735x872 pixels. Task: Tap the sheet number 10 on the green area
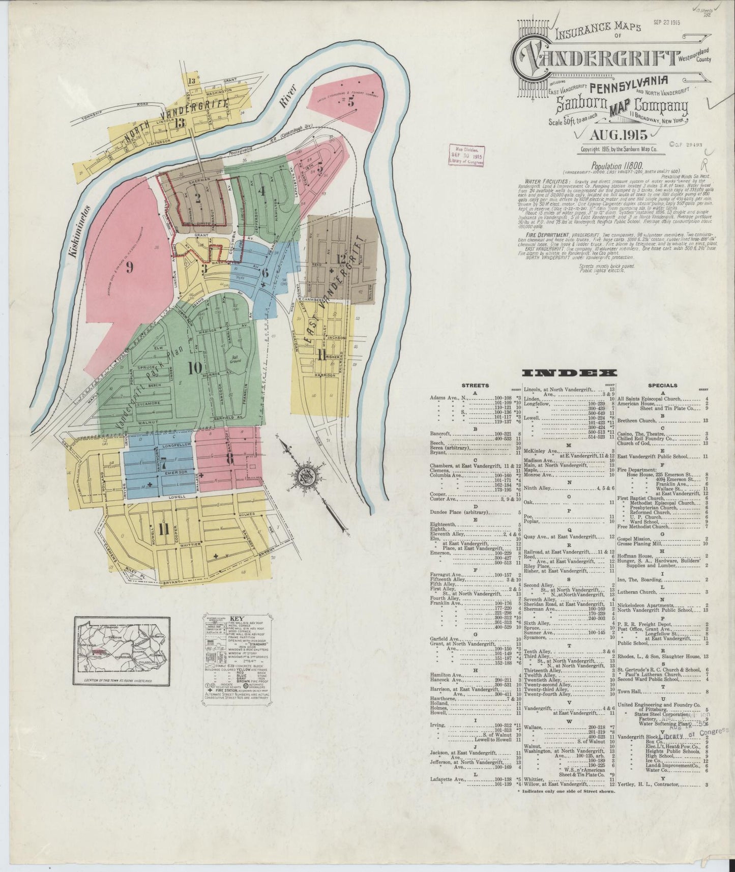(194, 367)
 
